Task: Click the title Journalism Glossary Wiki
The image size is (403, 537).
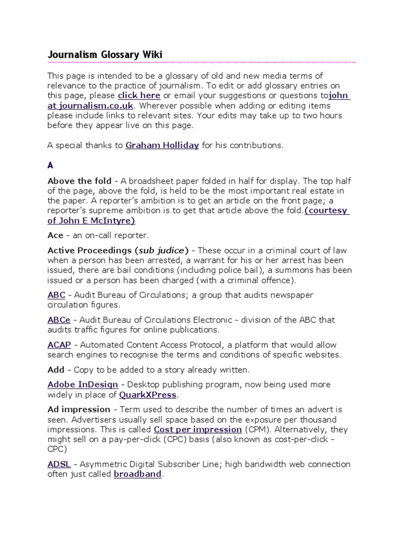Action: [x=105, y=55]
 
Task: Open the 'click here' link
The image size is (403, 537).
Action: [x=139, y=95]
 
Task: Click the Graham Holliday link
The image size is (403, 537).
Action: [x=162, y=145]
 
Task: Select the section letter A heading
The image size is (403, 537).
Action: [x=50, y=165]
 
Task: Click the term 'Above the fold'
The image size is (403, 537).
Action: [x=79, y=181]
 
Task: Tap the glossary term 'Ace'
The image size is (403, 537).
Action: [x=55, y=235]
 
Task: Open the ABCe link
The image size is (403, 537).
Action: [x=58, y=319]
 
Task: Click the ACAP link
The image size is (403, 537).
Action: [x=59, y=345]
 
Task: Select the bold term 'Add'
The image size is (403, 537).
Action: [x=56, y=370]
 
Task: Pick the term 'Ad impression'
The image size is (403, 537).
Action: [x=79, y=409]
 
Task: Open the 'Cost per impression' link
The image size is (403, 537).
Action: [x=190, y=429]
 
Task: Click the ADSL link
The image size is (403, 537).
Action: [x=58, y=464]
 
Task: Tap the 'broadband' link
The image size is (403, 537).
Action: [x=137, y=474]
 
